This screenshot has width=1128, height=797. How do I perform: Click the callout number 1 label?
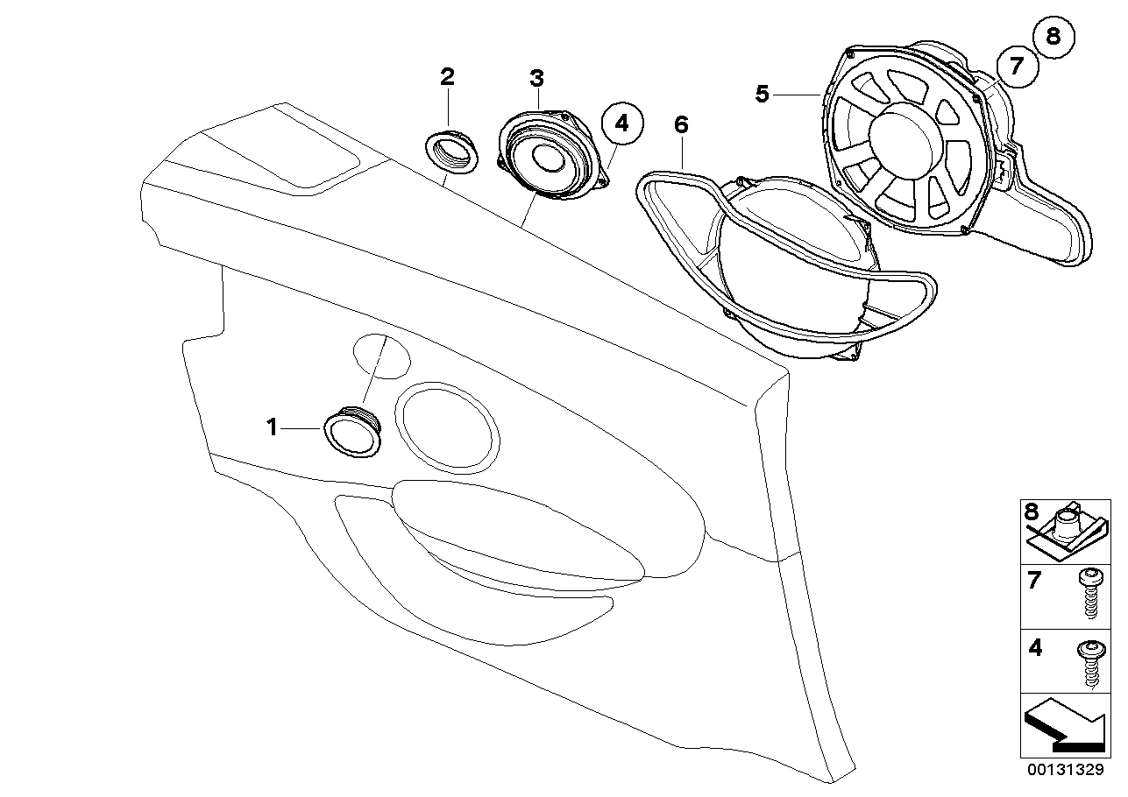272,427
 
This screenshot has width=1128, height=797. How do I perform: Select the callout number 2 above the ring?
448,76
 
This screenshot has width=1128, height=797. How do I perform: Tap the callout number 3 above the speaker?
536,77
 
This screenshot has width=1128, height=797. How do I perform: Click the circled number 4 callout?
621,124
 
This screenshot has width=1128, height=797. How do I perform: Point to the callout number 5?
763,93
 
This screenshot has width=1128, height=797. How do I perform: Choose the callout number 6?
681,125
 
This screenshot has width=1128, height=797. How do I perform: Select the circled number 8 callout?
1053,36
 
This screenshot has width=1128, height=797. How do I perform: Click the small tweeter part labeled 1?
353,432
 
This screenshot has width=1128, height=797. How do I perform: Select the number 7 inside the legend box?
1035,579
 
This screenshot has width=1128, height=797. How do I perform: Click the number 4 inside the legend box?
1035,649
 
